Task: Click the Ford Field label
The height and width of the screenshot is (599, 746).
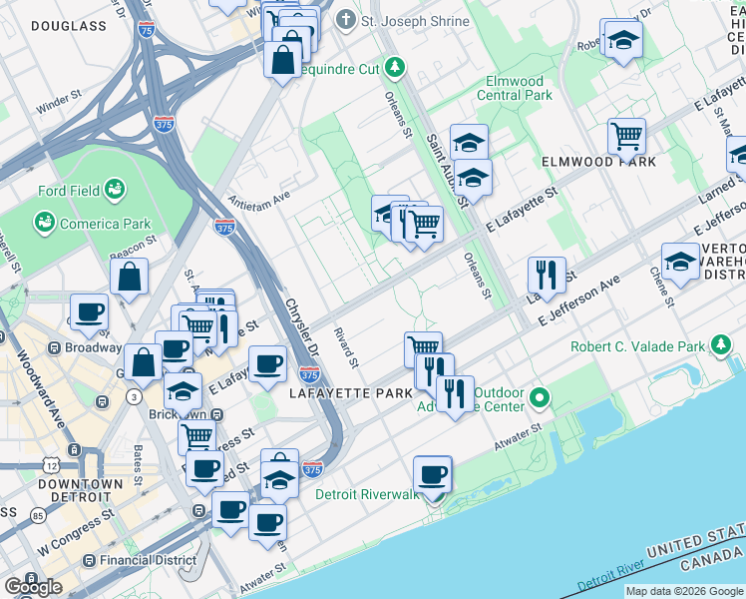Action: (66, 191)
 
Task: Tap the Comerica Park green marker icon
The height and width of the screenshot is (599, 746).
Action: (45, 223)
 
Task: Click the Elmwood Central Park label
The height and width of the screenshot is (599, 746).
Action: (517, 88)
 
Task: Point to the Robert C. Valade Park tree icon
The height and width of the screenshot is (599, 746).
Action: (721, 347)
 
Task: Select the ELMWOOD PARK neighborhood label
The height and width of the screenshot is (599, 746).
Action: (598, 161)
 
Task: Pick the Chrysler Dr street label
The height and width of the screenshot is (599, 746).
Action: (300, 329)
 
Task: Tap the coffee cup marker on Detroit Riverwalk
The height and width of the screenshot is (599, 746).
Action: (432, 474)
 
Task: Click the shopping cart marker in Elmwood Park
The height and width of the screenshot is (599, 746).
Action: (626, 136)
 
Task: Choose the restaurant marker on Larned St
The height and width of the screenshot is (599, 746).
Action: (546, 275)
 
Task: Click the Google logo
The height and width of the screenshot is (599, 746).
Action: (33, 587)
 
